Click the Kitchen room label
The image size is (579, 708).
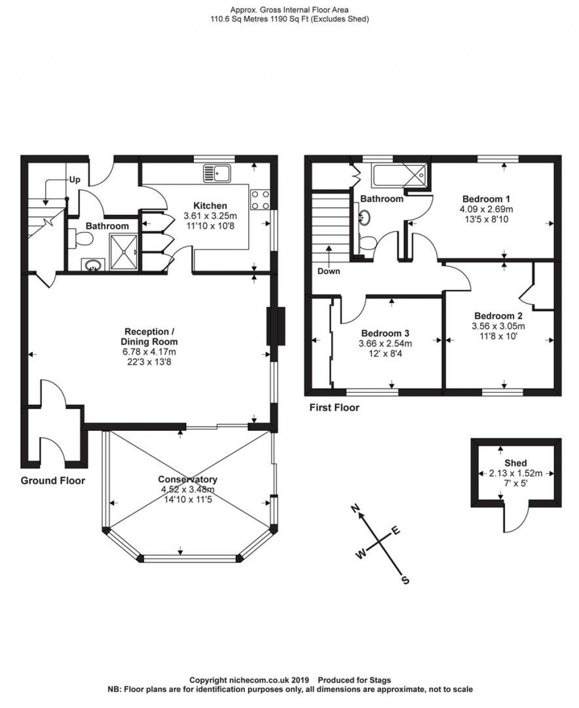[x=210, y=205]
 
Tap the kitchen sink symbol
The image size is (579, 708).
[x=217, y=174]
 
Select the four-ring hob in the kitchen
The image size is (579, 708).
[x=260, y=200]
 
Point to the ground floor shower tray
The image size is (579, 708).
[x=124, y=252]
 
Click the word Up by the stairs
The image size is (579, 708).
[x=75, y=179]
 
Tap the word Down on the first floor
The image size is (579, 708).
[x=329, y=271]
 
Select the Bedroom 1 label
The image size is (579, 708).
[x=486, y=199]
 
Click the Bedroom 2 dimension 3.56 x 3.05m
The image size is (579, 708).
[x=498, y=325]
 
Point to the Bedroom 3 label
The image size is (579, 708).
[x=385, y=333]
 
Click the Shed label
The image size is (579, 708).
[x=516, y=463]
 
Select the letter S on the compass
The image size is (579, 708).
[x=405, y=580]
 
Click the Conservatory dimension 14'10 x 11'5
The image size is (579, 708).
[x=188, y=500]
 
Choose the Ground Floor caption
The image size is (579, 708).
[x=53, y=480]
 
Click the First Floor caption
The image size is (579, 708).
[x=334, y=407]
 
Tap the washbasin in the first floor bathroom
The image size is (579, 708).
[x=364, y=217]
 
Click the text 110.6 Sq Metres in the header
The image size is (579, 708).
[x=239, y=19]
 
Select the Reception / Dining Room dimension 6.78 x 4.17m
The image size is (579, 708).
[x=149, y=352]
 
